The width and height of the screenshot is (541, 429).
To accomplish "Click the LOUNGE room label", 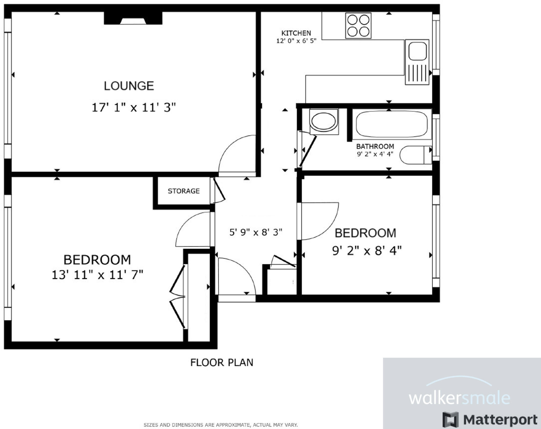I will (x=129, y=86).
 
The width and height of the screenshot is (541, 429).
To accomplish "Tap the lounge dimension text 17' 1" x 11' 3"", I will (x=133, y=108).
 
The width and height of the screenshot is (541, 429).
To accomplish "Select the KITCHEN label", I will (x=296, y=33).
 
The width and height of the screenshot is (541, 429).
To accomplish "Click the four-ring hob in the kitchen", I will (x=358, y=26).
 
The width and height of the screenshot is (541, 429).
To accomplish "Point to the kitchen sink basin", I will (x=417, y=51).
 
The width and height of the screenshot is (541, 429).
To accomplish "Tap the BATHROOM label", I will (x=375, y=146).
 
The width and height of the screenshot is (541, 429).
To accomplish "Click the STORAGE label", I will (x=184, y=191).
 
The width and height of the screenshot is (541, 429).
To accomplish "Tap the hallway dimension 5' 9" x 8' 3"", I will (x=256, y=232).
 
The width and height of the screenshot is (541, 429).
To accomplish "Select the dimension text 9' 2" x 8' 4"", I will (x=367, y=251).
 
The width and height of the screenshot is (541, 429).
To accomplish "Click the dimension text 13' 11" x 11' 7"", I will (x=97, y=275).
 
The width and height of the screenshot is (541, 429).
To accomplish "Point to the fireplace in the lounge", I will (x=133, y=18).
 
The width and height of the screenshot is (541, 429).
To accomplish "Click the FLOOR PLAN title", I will (x=222, y=363).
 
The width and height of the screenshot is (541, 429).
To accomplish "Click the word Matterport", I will (x=500, y=420).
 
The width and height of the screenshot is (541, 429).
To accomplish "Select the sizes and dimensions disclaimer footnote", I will (x=221, y=425).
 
